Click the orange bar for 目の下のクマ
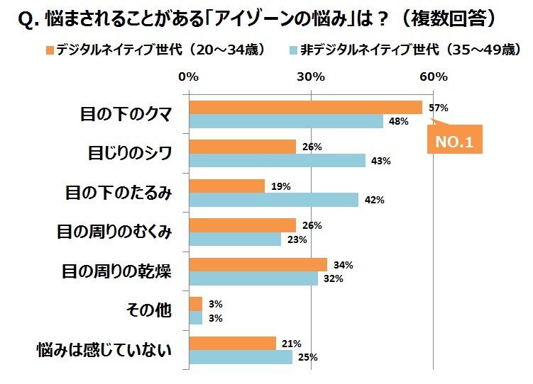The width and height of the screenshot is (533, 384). (x=305, y=108)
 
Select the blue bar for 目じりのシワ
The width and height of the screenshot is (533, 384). (x=277, y=160)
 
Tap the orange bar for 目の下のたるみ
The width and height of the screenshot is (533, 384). (x=226, y=186)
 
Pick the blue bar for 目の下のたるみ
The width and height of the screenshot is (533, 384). (x=273, y=200)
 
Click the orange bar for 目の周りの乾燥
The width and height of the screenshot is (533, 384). (x=258, y=265)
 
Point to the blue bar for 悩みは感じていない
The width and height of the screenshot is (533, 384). (x=241, y=357)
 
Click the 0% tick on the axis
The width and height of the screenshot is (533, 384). (x=188, y=77)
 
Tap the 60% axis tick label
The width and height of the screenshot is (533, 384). (x=433, y=77)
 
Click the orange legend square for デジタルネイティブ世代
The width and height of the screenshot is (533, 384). (x=49, y=50)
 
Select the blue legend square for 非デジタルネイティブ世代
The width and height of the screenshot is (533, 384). (x=293, y=50)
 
